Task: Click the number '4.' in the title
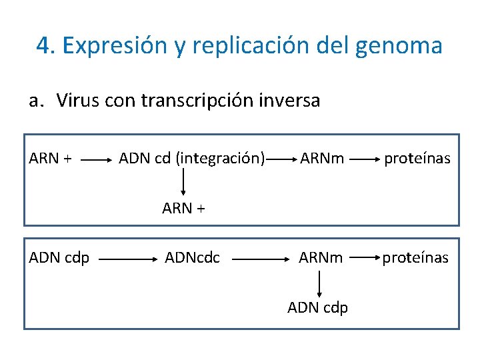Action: click(46, 46)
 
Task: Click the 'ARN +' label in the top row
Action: click(51, 159)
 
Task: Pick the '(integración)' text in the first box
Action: click(220, 159)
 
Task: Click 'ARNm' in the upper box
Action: click(322, 159)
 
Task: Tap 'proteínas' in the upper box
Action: click(417, 159)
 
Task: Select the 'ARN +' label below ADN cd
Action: click(183, 208)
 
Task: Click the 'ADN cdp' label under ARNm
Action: click(317, 307)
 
